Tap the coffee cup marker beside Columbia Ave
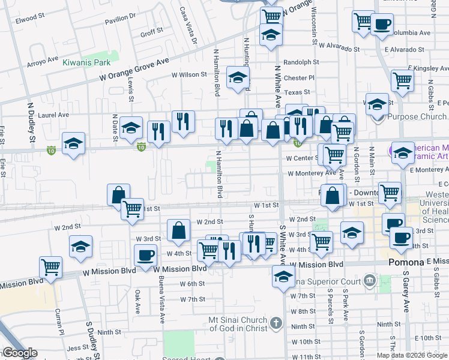381,24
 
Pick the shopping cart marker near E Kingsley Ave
402,80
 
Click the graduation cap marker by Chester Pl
238,77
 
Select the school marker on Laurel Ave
131,128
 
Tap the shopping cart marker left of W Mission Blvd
51,267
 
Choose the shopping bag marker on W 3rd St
179,230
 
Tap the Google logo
20,353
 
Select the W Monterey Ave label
312,173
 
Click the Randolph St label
301,62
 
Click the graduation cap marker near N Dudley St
74,144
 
